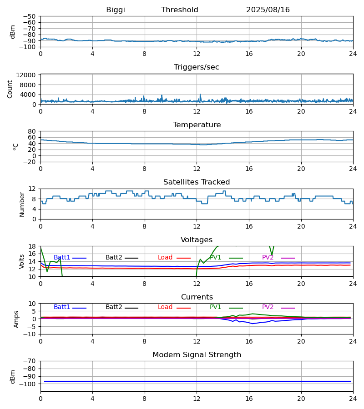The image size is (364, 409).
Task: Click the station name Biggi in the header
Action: click(116, 10)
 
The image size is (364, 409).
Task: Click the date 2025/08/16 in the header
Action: click(268, 10)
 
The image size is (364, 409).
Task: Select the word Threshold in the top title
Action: click(180, 10)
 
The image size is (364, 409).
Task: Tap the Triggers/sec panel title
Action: click(197, 67)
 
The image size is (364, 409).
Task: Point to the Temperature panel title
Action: click(197, 125)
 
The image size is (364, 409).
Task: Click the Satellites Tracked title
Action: click(197, 182)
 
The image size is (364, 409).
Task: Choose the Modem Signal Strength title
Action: click(197, 355)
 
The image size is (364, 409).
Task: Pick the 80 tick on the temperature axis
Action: click(32, 131)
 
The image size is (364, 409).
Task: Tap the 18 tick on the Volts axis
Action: click(32, 246)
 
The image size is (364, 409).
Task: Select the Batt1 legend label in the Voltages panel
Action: click(62, 258)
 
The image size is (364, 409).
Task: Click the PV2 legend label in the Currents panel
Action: click(268, 307)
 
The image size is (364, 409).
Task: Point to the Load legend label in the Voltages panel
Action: click(165, 258)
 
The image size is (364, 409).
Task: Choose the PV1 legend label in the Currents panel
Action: click(216, 307)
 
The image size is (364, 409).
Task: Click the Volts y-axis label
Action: click(22, 261)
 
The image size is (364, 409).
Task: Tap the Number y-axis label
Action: click(22, 204)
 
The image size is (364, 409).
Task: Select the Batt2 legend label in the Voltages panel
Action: click(114, 258)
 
